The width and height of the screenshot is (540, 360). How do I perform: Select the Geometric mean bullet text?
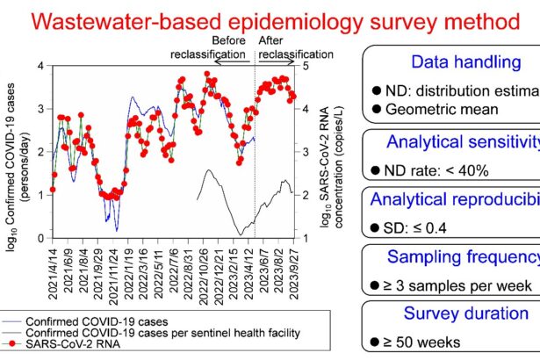tap(434, 109)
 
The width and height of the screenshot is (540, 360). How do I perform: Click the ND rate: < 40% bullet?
tap(428, 172)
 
